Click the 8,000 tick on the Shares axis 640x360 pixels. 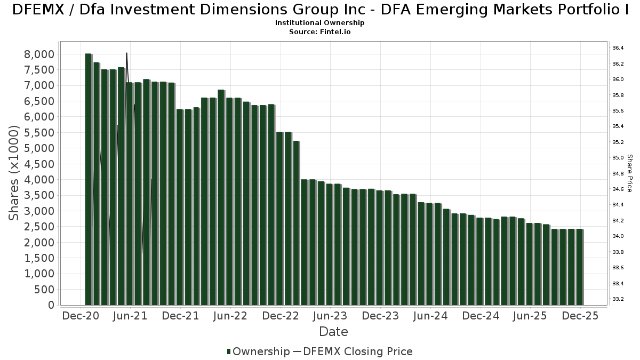coord(39,54)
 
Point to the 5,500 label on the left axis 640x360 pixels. coord(39,132)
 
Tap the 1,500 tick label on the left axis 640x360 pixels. coord(39,258)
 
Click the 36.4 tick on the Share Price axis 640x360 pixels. coord(618,48)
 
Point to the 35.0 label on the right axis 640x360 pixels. coord(618,158)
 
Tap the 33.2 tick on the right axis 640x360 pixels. coord(618,299)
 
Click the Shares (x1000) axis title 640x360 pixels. coord(14,173)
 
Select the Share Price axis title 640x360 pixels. coord(629,173)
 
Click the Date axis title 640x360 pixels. coord(333,332)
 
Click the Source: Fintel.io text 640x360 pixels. coord(320,32)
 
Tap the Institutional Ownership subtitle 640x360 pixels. coord(320,23)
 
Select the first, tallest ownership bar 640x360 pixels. coord(88,179)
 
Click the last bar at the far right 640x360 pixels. coord(580,267)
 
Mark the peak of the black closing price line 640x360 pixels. coord(126,53)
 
